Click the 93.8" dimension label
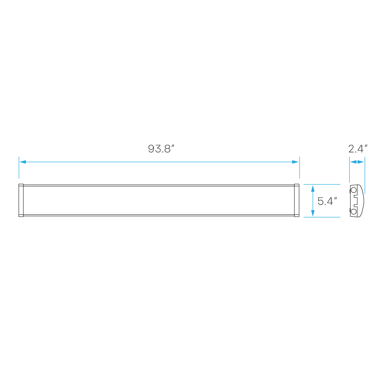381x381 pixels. tap(161, 149)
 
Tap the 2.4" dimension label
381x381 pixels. tap(357, 149)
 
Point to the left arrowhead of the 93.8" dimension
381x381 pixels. tap(22, 162)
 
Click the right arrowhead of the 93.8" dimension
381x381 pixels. tap(296, 162)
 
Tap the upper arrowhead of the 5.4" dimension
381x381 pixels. tap(313, 188)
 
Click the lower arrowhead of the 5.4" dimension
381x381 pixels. tap(313, 213)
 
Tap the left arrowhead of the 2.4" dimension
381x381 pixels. tap(353, 162)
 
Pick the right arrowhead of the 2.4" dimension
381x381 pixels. tap(361, 162)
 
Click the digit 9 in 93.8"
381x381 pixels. tap(151, 149)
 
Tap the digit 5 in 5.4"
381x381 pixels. tap(320, 201)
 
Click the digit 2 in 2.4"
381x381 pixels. tap(351, 149)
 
